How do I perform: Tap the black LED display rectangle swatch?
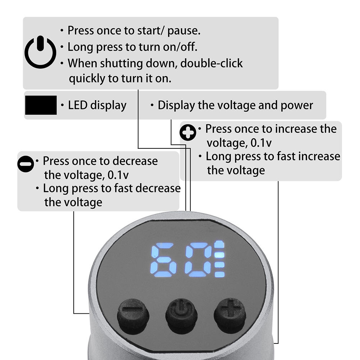click(x=41, y=105)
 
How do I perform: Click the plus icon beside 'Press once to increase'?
click(x=188, y=133)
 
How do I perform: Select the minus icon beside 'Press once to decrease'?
click(x=26, y=164)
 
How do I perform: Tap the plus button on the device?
click(x=230, y=316)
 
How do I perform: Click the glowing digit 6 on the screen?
click(x=163, y=260)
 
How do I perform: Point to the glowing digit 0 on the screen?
click(x=198, y=260)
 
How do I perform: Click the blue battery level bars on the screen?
click(x=220, y=259)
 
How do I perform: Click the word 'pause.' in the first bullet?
click(x=184, y=31)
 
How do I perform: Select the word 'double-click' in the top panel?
click(x=212, y=63)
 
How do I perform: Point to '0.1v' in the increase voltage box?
click(x=261, y=143)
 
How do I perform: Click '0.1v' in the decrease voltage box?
click(x=118, y=175)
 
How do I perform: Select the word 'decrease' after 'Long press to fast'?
click(x=158, y=188)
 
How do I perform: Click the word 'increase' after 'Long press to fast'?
click(x=318, y=156)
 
